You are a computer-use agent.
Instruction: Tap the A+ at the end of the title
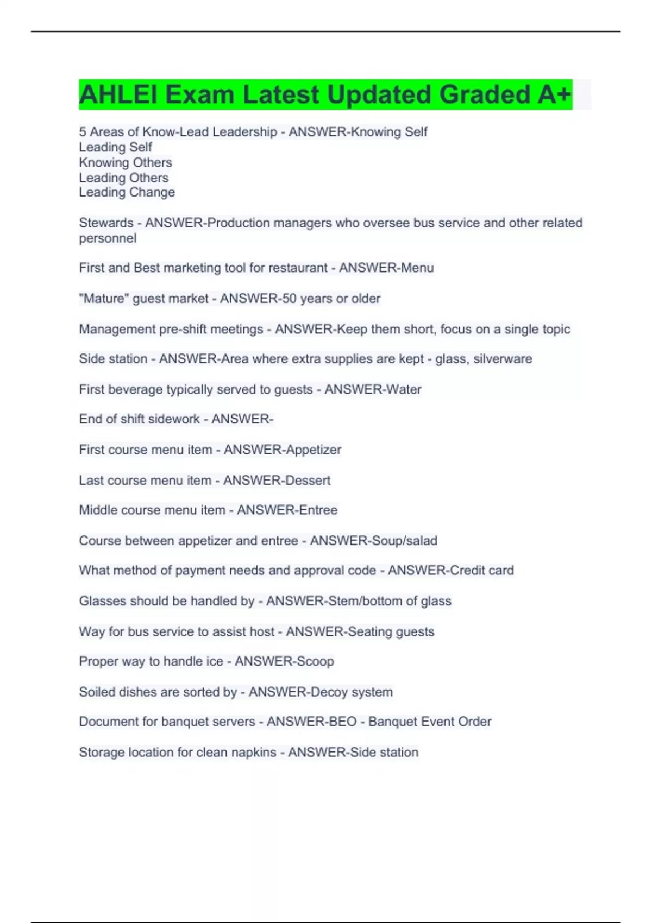[x=554, y=94]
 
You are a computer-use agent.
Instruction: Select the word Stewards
[x=106, y=223]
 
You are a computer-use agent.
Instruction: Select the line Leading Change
[x=127, y=192]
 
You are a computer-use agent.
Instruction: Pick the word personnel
[x=108, y=238]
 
